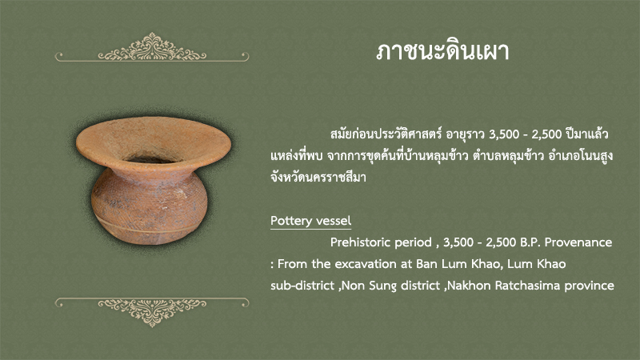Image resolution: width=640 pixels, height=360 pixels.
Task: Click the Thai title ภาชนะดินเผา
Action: pos(442,52)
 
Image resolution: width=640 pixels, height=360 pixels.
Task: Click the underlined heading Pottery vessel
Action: pos(310,221)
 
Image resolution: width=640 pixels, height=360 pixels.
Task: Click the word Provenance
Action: pos(578,242)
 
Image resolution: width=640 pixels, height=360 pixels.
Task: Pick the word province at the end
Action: pos(589,286)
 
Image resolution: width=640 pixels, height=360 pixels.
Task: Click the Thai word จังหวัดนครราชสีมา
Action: pos(318,178)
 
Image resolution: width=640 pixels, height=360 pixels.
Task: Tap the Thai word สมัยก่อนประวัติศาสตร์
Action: pos(386,134)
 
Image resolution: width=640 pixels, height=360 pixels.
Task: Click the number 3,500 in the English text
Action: pos(458,243)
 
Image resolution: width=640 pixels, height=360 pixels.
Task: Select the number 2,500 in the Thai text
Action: pos(546,134)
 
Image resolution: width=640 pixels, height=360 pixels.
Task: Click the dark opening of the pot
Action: pos(152,158)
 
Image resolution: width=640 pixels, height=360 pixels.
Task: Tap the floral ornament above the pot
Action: pos(152,48)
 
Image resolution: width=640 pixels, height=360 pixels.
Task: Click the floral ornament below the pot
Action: pos(152,312)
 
